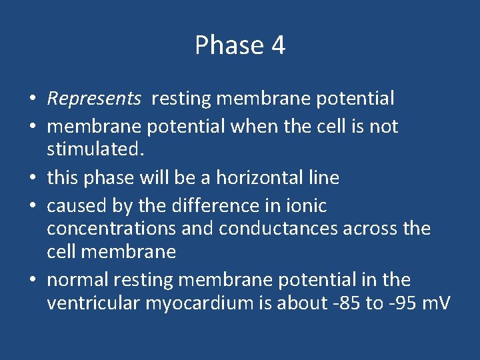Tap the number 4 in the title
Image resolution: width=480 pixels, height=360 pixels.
click(278, 45)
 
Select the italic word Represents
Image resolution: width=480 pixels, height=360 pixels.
click(94, 99)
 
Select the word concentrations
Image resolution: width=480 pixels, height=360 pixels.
click(111, 229)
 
